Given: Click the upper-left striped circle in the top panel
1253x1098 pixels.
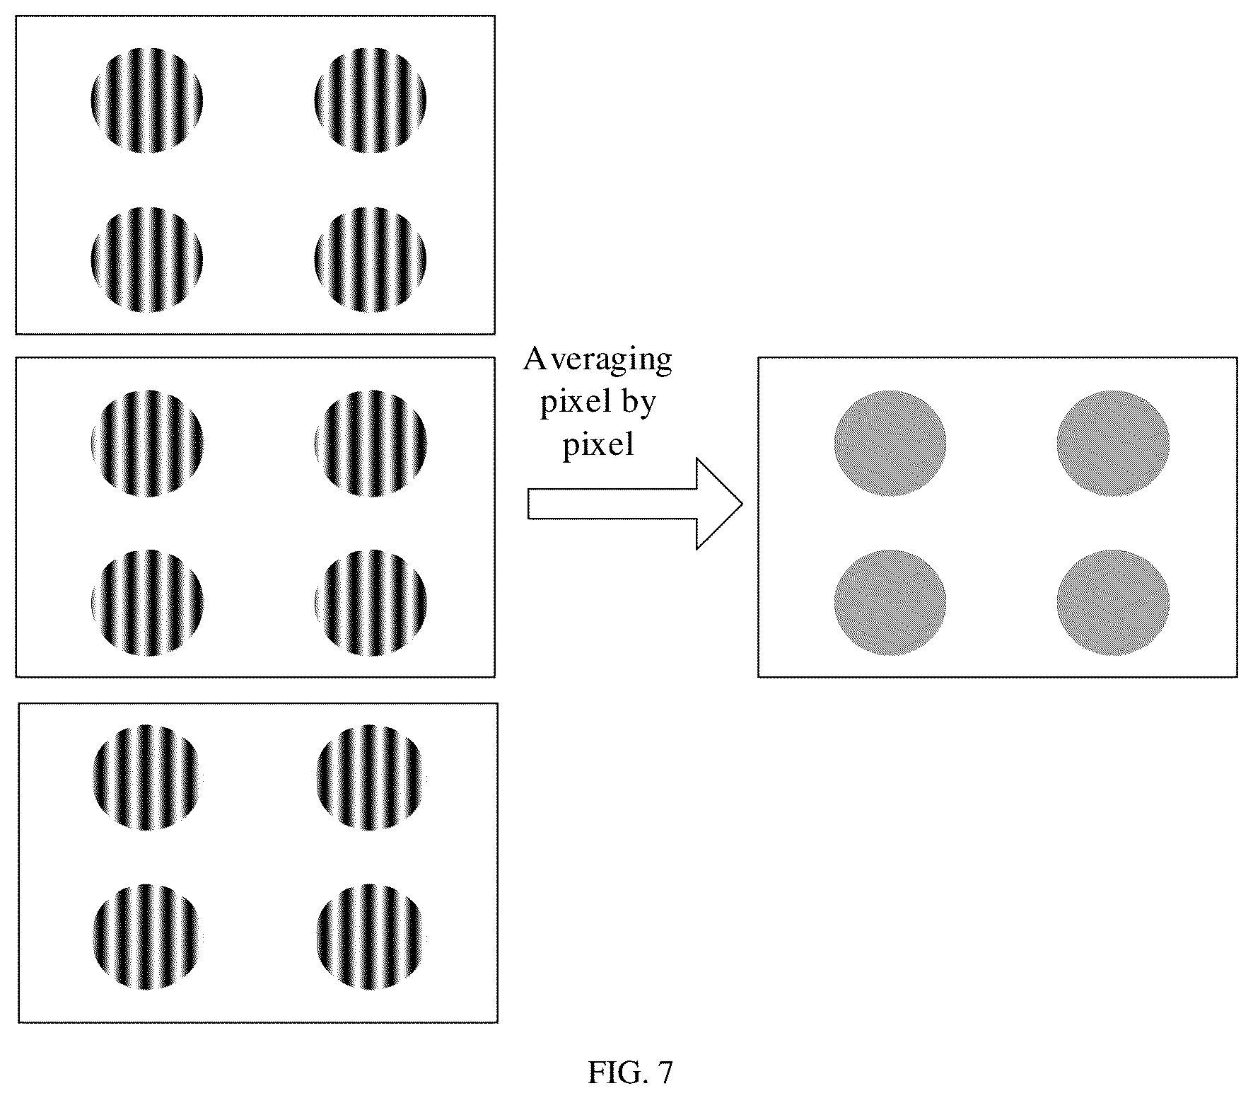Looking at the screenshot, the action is click(x=147, y=100).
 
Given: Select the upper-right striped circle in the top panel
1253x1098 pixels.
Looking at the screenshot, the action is click(x=370, y=100).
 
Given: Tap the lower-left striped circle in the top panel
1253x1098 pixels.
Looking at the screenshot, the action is click(x=147, y=260).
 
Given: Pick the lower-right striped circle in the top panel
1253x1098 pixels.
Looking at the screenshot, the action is click(x=370, y=260).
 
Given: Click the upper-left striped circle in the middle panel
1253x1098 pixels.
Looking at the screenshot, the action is click(x=148, y=443).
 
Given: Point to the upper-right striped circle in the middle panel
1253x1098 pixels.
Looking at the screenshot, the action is click(x=371, y=443).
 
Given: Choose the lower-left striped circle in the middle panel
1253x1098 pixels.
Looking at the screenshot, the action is click(x=148, y=603).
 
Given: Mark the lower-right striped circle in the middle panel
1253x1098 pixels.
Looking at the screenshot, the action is click(x=371, y=603).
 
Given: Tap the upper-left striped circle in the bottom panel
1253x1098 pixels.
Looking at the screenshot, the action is click(x=146, y=778).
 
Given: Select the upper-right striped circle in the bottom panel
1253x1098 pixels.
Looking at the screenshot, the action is click(x=371, y=778).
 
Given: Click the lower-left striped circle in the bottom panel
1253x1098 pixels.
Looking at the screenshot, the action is click(x=146, y=937).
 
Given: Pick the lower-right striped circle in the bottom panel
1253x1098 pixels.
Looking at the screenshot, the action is click(x=371, y=937).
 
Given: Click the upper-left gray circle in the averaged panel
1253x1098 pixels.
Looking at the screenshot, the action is click(x=890, y=443).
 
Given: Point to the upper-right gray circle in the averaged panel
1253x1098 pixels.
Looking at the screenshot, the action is click(x=1113, y=443).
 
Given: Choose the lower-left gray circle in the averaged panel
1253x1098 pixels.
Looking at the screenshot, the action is click(x=890, y=603).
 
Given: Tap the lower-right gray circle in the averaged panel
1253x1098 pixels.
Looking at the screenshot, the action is click(x=1113, y=603).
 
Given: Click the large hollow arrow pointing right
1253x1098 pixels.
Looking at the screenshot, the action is click(x=635, y=504).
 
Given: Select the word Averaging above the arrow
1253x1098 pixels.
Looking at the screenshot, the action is click(x=598, y=360).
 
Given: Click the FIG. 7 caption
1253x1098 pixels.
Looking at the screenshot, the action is click(x=630, y=1073).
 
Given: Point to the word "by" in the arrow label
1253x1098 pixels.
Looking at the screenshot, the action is click(x=639, y=403).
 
